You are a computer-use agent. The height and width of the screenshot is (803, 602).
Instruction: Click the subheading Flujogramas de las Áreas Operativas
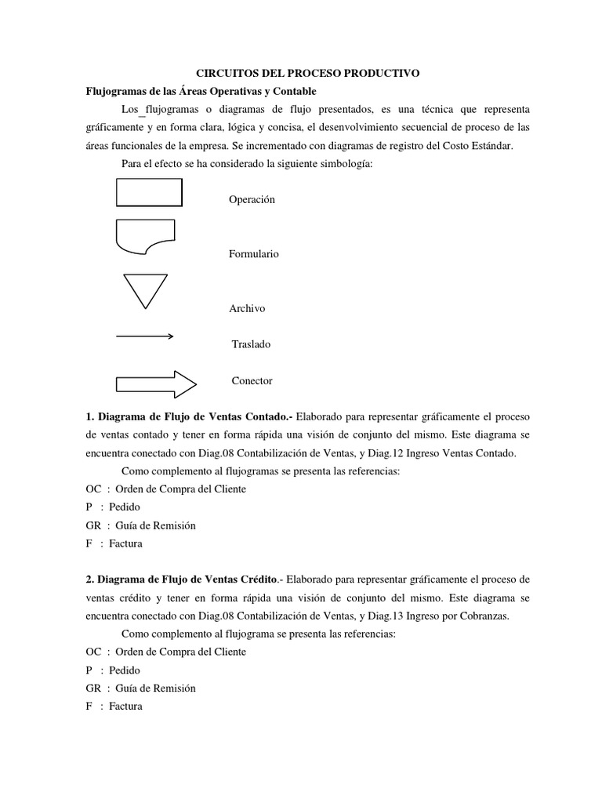coord(211,90)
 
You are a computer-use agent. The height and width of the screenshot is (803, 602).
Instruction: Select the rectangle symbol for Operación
coord(149,192)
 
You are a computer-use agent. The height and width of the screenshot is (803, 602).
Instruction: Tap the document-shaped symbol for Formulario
coord(145,237)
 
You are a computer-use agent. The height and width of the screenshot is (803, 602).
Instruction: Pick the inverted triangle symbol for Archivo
coord(145,289)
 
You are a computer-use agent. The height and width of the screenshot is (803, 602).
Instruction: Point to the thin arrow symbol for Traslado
coord(145,336)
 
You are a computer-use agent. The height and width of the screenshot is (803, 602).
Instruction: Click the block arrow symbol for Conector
coord(155,383)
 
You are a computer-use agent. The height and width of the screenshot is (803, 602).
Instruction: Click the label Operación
coord(252,200)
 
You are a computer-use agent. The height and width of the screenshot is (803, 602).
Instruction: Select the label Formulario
coord(253,254)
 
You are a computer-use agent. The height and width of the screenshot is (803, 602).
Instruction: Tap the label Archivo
coord(247,308)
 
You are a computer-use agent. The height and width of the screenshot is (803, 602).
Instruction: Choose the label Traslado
coord(251,344)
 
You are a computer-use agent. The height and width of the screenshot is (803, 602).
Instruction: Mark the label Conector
coord(252,380)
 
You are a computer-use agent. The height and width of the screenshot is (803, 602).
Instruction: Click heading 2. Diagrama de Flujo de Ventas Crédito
coord(183,580)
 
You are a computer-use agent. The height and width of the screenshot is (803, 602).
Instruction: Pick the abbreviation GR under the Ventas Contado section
coord(93,525)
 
